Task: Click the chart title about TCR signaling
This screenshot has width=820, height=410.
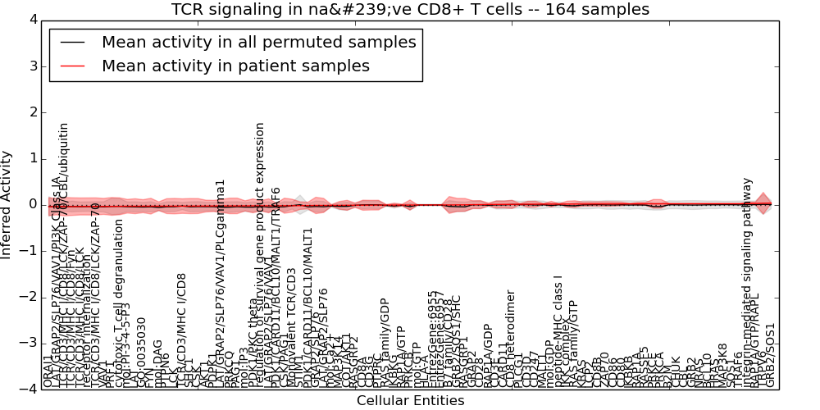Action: [410, 9]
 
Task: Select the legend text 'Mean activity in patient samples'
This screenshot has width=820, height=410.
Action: [235, 66]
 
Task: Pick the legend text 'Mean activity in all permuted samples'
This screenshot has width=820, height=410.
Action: [258, 42]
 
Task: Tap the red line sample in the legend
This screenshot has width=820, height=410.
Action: [72, 66]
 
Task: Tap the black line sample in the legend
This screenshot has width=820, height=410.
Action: [72, 42]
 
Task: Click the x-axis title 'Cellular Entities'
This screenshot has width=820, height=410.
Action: [410, 400]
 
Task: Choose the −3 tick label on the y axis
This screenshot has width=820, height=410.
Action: [27, 343]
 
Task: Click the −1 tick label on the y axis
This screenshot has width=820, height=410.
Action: [27, 250]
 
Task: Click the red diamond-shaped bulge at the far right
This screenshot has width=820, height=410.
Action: [763, 203]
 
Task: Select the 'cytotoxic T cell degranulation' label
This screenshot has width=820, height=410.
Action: [120, 303]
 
